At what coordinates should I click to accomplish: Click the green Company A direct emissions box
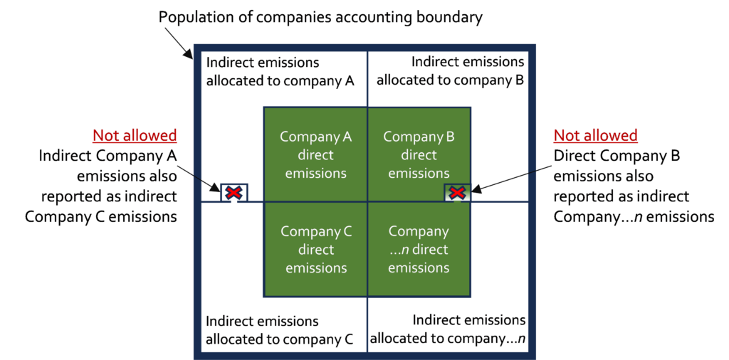pos(315,154)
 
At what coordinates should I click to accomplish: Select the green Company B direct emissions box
pos(419,154)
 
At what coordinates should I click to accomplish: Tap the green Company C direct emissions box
pos(315,250)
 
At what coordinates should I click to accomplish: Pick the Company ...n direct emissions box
pos(419,250)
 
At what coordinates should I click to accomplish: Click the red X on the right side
pos(458,192)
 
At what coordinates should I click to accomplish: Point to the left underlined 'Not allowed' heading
pos(135,136)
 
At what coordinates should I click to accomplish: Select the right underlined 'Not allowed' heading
pos(595,136)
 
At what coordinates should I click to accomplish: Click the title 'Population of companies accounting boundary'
pos(321,18)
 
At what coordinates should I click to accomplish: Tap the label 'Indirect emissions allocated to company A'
pos(280,72)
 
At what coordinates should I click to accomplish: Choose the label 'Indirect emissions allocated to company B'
pos(450,70)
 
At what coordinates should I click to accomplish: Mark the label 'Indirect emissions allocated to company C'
pos(280,329)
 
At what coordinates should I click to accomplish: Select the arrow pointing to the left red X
pos(200,178)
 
